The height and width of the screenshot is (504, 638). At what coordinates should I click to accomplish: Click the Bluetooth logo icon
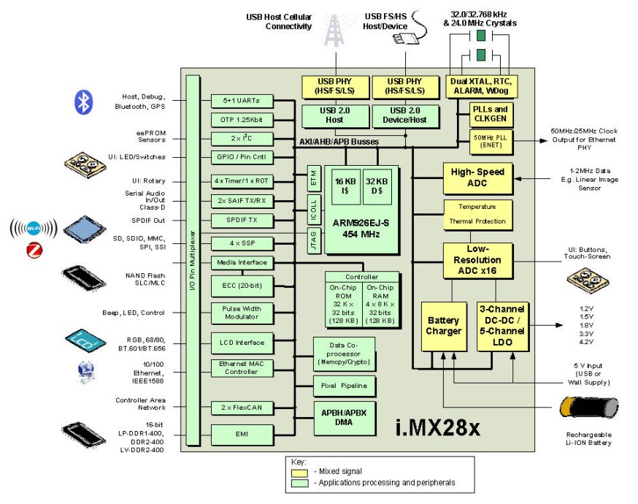85,102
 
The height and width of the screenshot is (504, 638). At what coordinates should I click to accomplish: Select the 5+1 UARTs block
241,100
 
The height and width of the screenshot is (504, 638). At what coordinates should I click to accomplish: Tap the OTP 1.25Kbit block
241,119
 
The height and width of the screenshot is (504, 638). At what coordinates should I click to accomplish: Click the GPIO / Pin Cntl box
241,157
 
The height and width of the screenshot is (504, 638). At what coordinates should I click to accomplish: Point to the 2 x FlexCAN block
241,407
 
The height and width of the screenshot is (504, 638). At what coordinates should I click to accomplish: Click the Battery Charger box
444,326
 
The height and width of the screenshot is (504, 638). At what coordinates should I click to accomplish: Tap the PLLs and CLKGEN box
491,113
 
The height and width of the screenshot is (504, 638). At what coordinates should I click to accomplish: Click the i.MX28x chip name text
437,426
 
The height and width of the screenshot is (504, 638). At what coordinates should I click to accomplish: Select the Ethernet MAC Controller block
241,367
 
